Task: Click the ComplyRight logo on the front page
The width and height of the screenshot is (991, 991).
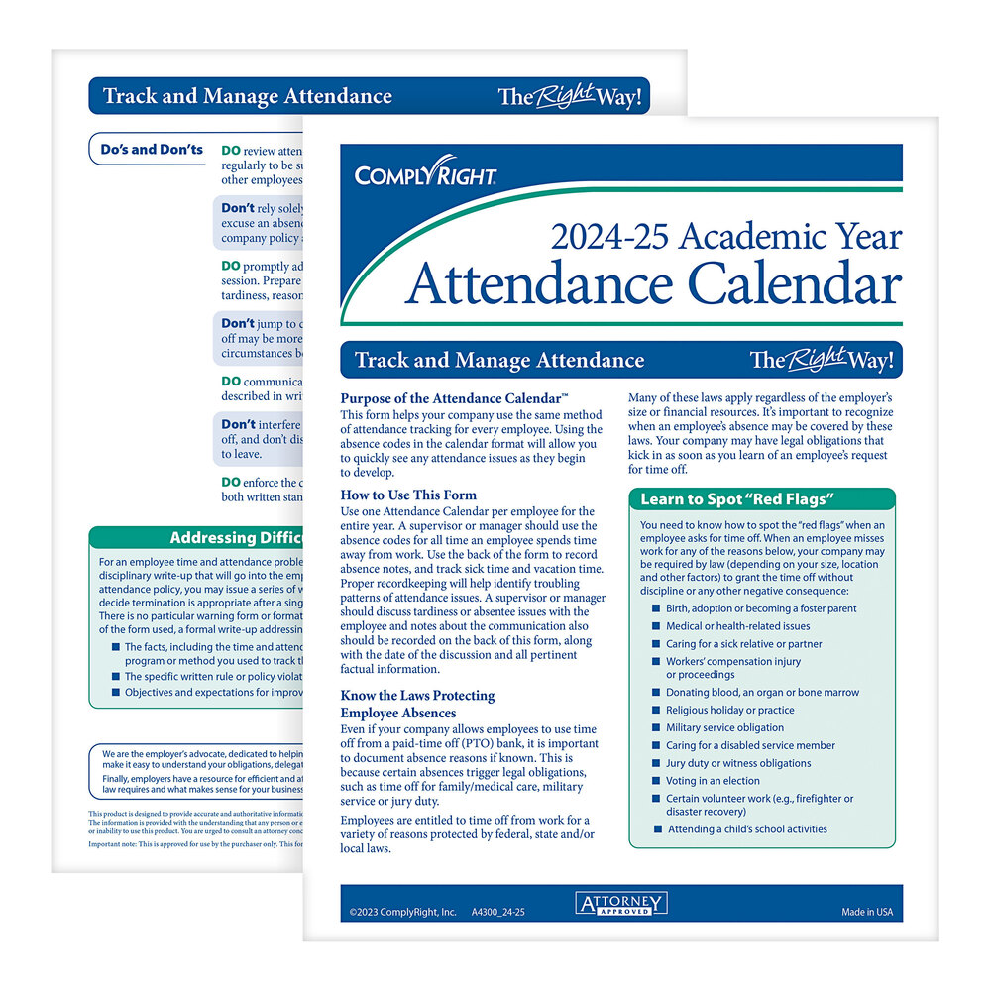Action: pyautogui.click(x=426, y=175)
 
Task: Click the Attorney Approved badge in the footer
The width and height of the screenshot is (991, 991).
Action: pyautogui.click(x=621, y=903)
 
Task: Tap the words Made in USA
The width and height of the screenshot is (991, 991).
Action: pyautogui.click(x=867, y=911)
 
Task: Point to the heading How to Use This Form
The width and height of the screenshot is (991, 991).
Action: pyautogui.click(x=408, y=495)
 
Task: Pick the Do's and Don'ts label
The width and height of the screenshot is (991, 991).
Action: pyautogui.click(x=152, y=150)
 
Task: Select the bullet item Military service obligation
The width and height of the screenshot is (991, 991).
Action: pyautogui.click(x=724, y=727)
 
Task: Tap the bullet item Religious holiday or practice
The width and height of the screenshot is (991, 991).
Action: pyautogui.click(x=729, y=710)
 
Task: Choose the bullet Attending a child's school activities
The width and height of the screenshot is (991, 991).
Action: pyautogui.click(x=747, y=829)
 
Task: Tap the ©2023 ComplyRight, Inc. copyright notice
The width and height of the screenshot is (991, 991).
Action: pyautogui.click(x=403, y=911)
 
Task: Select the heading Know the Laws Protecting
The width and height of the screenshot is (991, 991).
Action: pyautogui.click(x=417, y=696)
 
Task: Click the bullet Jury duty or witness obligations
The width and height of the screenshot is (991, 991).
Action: pyautogui.click(x=738, y=763)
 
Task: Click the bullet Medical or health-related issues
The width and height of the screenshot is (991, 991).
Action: pyautogui.click(x=737, y=626)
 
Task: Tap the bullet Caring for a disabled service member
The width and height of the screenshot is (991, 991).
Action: pyautogui.click(x=750, y=745)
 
